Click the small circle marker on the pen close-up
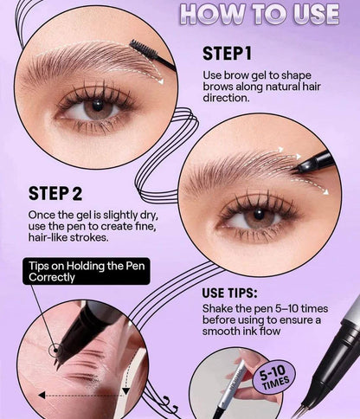click(x=57, y=351)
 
